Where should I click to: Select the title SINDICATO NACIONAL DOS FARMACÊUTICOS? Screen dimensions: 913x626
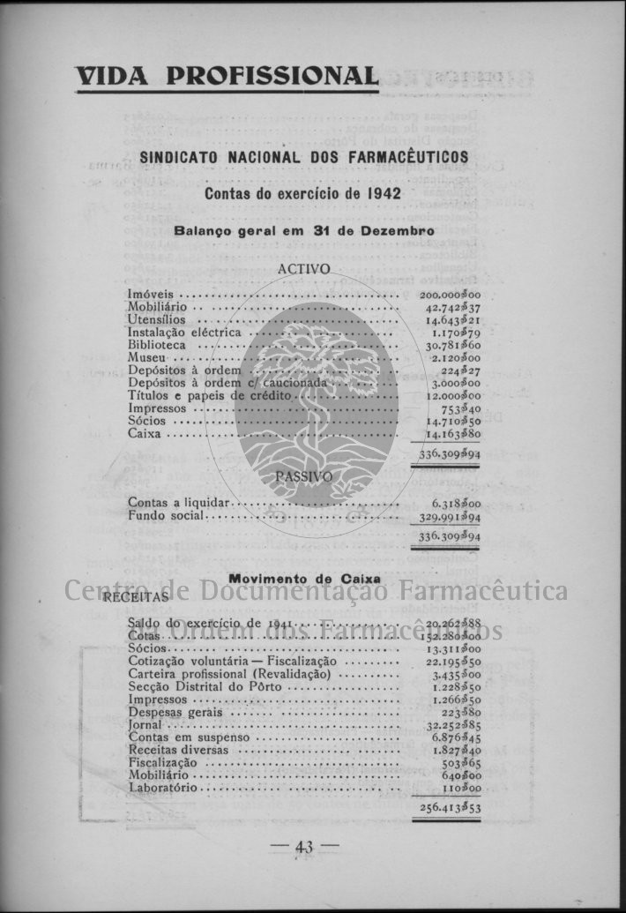click(x=304, y=157)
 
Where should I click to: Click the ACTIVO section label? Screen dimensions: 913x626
click(x=303, y=269)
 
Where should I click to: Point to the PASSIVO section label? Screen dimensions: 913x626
click(x=303, y=476)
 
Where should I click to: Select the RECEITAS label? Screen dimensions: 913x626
click(x=136, y=597)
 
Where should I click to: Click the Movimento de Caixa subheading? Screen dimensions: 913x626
click(x=304, y=579)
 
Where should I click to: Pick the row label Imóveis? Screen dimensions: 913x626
click(x=150, y=294)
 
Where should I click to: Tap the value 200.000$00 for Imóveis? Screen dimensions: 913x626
click(x=450, y=295)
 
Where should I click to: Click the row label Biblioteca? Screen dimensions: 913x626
click(x=157, y=345)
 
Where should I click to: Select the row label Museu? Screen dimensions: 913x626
click(x=146, y=358)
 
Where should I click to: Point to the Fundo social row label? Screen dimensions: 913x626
click(x=166, y=515)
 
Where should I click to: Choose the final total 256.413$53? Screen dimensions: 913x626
click(x=450, y=807)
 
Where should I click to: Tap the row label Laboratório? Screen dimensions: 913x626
click(x=163, y=787)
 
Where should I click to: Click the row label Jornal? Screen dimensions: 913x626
click(x=145, y=724)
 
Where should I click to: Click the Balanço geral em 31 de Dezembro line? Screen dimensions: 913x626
click(x=304, y=230)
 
